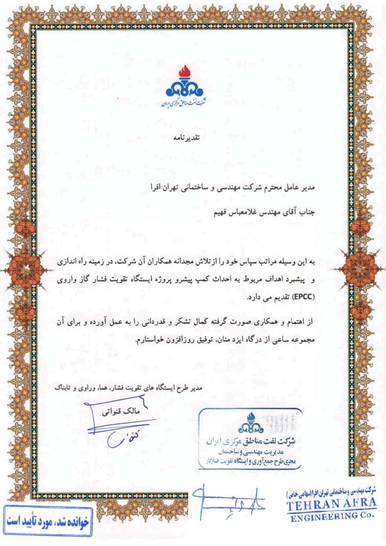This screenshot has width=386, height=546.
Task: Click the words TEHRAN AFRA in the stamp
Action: click(x=329, y=504)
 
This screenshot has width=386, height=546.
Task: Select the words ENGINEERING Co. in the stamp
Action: click(x=329, y=517)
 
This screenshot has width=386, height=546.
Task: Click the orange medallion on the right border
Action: click(x=361, y=263)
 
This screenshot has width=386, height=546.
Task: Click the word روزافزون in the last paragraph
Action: click(x=165, y=339)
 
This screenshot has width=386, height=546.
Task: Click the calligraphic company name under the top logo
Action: click(x=184, y=101)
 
